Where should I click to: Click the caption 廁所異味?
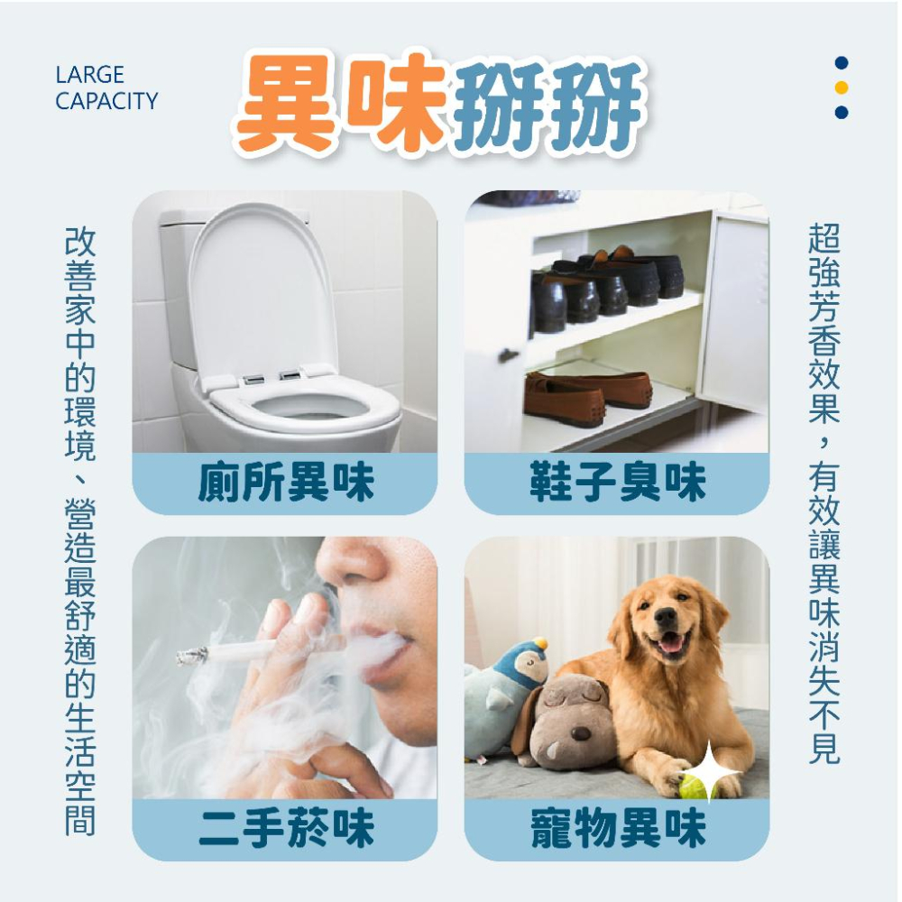285,483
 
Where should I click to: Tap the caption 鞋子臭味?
617,483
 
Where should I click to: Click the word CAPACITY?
106,101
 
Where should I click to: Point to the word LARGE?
89,75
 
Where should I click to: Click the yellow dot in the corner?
842,87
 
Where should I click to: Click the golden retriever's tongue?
670,643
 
